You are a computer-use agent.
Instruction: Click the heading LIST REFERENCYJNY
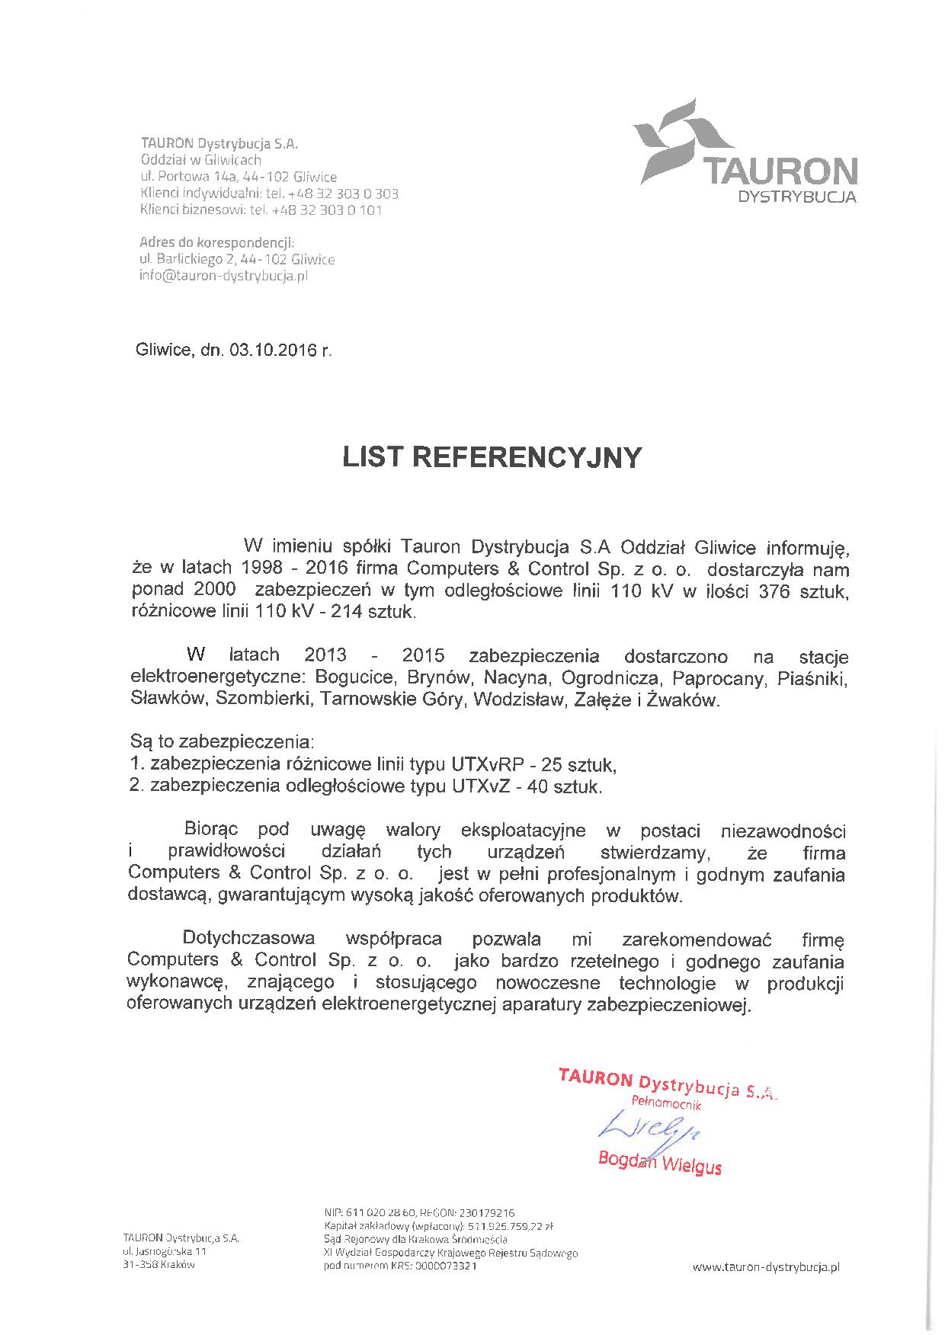pyautogui.click(x=492, y=457)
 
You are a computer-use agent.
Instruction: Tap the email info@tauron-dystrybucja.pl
pyautogui.click(x=223, y=276)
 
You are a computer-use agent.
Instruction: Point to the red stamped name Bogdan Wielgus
pyautogui.click(x=659, y=1162)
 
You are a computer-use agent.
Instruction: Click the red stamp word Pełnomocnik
pyautogui.click(x=665, y=1103)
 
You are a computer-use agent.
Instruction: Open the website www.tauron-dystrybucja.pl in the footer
pyautogui.click(x=765, y=1266)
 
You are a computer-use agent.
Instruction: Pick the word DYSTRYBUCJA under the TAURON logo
pyautogui.click(x=798, y=197)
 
